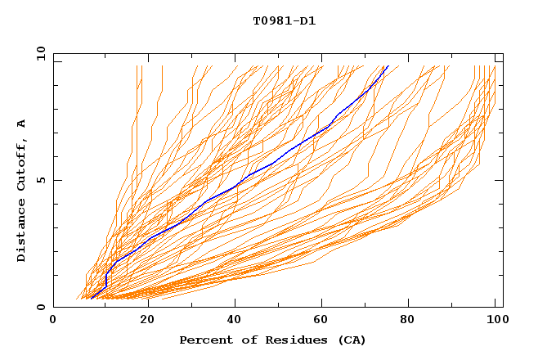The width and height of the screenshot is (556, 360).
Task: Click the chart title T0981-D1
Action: [x=284, y=21]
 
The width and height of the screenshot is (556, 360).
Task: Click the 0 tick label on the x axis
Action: [x=53, y=320]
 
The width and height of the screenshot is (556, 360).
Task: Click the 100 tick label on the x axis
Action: [x=495, y=320]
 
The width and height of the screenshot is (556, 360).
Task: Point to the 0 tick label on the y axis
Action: [x=41, y=307]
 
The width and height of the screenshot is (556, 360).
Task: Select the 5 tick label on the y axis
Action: [x=41, y=180]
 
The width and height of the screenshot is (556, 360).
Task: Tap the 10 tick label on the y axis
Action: [x=38, y=53]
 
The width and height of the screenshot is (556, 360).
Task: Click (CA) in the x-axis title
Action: [x=352, y=340]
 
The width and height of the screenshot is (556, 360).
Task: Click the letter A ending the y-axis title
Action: [x=22, y=123]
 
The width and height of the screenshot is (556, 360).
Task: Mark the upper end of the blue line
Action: [x=388, y=66]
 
